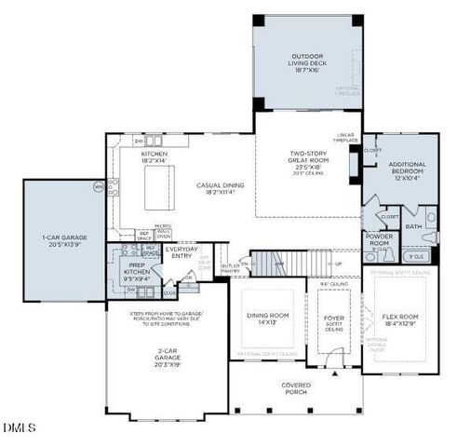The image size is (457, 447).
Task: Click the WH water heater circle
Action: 98,187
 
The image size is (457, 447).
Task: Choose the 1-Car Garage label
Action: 62,239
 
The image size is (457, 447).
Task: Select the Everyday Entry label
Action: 182,252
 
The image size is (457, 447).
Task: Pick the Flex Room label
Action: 400,319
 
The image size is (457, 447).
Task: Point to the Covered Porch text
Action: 296,387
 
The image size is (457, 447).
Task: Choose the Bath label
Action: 413,225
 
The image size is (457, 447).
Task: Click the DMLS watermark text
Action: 19,428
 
